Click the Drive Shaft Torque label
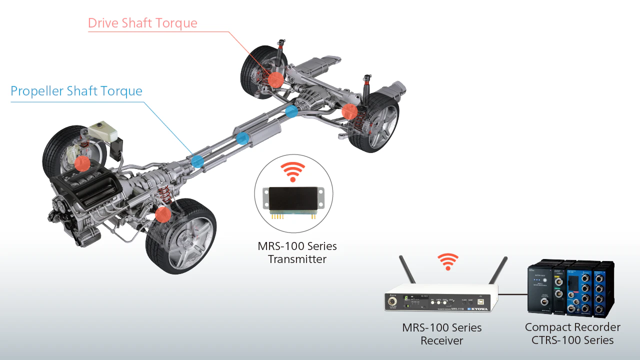142,23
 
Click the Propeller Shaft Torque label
76,91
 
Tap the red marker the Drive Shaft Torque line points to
275,79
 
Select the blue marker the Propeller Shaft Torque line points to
197,161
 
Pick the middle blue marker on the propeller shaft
242,138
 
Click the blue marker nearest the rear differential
291,112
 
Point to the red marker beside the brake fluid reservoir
82,163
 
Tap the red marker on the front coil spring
162,214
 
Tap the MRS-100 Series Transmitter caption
297,252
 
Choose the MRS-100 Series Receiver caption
442,334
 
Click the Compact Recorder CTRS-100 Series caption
572,333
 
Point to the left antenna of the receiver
407,270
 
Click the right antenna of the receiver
498,270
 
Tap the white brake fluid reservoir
103,130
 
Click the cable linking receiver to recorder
513,294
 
